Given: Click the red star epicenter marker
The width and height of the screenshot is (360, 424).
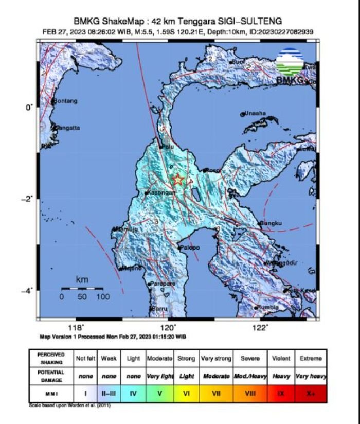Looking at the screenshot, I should tap(178, 180).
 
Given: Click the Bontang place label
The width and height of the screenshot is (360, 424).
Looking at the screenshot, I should tap(65, 101).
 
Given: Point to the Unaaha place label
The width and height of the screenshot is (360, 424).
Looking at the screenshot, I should tap(255, 113).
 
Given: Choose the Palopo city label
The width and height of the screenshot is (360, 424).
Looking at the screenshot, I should tap(189, 248).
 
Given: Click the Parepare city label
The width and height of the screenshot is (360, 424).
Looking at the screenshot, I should tap(162, 284).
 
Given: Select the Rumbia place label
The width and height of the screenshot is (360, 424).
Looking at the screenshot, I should tap(267, 307).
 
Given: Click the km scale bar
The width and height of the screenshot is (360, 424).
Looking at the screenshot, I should tap(82, 289).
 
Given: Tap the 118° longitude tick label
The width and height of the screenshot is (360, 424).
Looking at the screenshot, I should tap(76, 328).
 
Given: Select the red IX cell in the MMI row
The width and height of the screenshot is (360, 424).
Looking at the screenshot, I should tap(281, 394).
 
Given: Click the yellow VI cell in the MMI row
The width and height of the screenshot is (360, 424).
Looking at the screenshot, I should tap(186, 394).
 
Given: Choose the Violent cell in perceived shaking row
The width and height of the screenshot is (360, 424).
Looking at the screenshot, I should tap(281, 358).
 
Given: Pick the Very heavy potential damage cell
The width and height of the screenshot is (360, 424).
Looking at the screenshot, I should tap(311, 376).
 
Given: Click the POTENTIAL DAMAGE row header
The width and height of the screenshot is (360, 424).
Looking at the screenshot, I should tap(51, 376).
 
